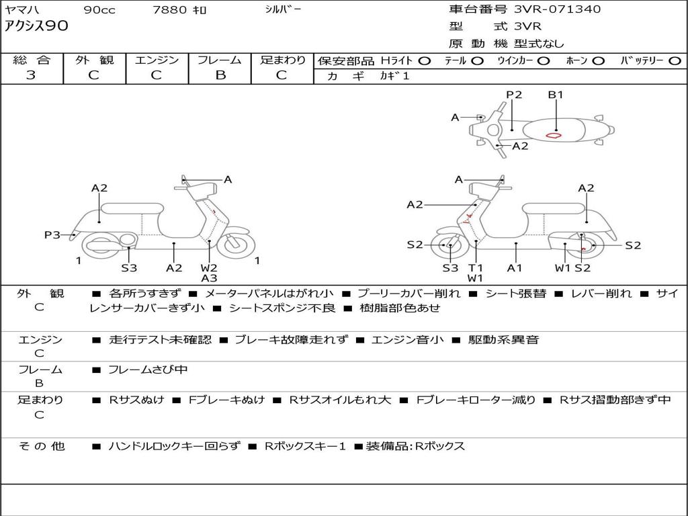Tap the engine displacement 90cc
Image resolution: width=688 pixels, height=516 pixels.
pyautogui.click(x=99, y=10)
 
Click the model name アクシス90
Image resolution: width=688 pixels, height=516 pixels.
pyautogui.click(x=36, y=27)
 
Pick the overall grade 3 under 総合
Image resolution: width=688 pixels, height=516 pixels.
pyautogui.click(x=31, y=75)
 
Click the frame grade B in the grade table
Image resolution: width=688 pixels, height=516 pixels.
pyautogui.click(x=220, y=75)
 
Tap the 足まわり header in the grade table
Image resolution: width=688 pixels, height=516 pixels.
pyautogui.click(x=282, y=60)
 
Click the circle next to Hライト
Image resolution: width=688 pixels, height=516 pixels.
pyautogui.click(x=424, y=61)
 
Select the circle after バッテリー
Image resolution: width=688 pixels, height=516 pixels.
pyautogui.click(x=675, y=61)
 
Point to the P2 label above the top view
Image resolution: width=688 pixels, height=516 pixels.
pyautogui.click(x=514, y=95)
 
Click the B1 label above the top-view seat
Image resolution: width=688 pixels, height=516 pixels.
pyautogui.click(x=556, y=95)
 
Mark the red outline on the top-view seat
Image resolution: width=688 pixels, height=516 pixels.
pyautogui.click(x=554, y=135)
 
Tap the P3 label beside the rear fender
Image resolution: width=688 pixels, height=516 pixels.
pyautogui.click(x=52, y=234)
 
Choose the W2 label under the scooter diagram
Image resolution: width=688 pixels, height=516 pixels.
pyautogui.click(x=209, y=268)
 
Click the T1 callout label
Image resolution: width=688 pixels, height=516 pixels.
pyautogui.click(x=476, y=268)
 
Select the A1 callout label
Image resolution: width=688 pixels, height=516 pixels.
pyautogui.click(x=515, y=268)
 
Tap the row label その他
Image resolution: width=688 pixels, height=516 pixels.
pyautogui.click(x=40, y=446)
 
